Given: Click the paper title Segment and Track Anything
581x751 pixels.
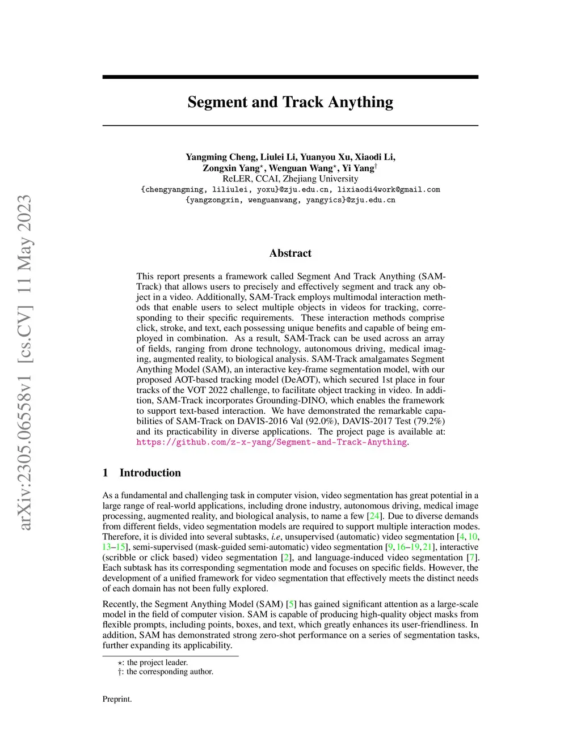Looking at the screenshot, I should tap(290, 102).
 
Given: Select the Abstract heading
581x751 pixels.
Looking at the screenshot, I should tap(290, 253).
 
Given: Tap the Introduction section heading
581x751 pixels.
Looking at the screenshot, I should tap(150, 473).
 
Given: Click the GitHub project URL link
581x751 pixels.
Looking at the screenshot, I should tap(271, 442).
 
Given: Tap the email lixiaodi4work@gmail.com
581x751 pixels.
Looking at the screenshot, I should tap(389, 189).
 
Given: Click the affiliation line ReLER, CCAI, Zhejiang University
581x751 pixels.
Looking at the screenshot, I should tap(290, 179).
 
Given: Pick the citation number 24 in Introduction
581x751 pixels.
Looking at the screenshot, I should tap(374, 516).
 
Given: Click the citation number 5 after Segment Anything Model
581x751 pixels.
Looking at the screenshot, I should tap(292, 604).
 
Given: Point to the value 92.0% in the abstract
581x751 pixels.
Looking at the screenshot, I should tap(321, 421).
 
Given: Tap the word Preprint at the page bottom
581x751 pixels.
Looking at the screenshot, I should tap(117, 699).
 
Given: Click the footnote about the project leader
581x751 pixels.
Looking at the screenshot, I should tap(153, 663).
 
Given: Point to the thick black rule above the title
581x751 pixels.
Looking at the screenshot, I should tap(290, 77).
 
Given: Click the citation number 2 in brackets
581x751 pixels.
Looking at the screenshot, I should tap(287, 558).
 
